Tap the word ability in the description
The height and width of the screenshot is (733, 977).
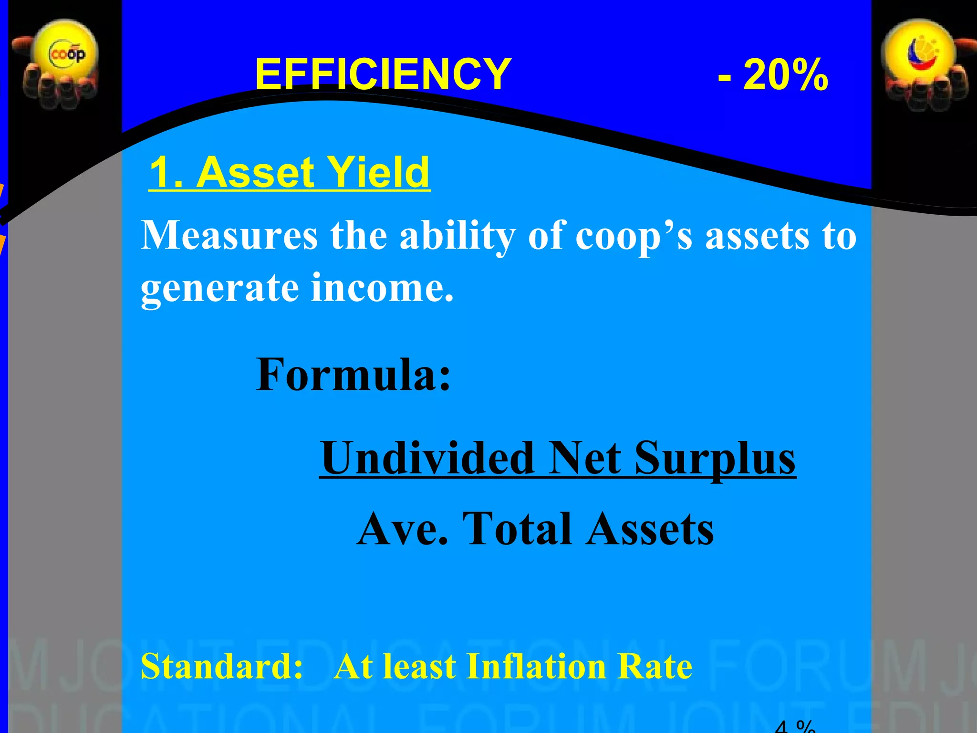click(457, 236)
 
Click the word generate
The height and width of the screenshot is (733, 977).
click(219, 288)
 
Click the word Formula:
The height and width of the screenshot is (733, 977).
click(353, 375)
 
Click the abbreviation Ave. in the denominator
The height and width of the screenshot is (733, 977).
click(403, 529)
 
